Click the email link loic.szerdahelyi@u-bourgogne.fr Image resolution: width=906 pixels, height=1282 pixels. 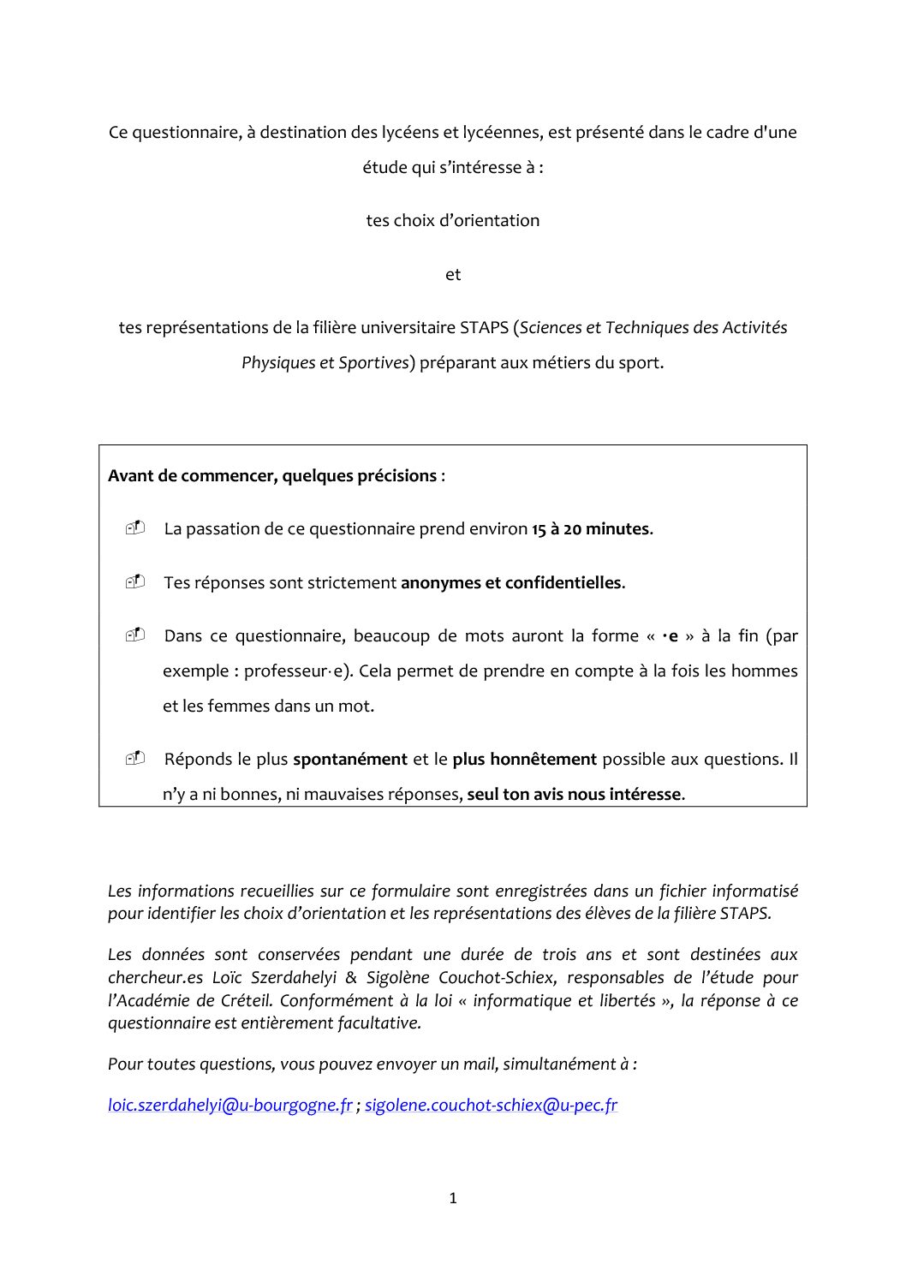point(229,1105)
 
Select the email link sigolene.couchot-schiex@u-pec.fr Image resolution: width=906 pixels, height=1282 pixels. point(491,1105)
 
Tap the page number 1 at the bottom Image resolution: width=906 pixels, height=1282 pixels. point(453,1198)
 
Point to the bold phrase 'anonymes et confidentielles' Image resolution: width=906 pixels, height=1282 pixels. point(512,582)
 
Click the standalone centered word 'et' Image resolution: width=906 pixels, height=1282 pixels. point(453,274)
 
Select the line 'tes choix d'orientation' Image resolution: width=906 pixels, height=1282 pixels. point(453,220)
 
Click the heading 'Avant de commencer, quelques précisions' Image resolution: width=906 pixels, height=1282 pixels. point(272,475)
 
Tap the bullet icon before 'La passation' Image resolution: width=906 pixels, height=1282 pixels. point(135,528)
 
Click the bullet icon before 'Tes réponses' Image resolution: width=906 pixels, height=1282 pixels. point(135,581)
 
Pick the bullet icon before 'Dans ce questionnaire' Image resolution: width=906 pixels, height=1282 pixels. point(135,635)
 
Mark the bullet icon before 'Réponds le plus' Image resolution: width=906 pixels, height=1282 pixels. point(135,758)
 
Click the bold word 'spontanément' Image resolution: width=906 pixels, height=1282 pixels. point(350,759)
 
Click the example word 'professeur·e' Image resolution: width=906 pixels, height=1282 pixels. point(296,671)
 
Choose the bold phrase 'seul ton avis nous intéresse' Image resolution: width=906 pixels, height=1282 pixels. point(574,794)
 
